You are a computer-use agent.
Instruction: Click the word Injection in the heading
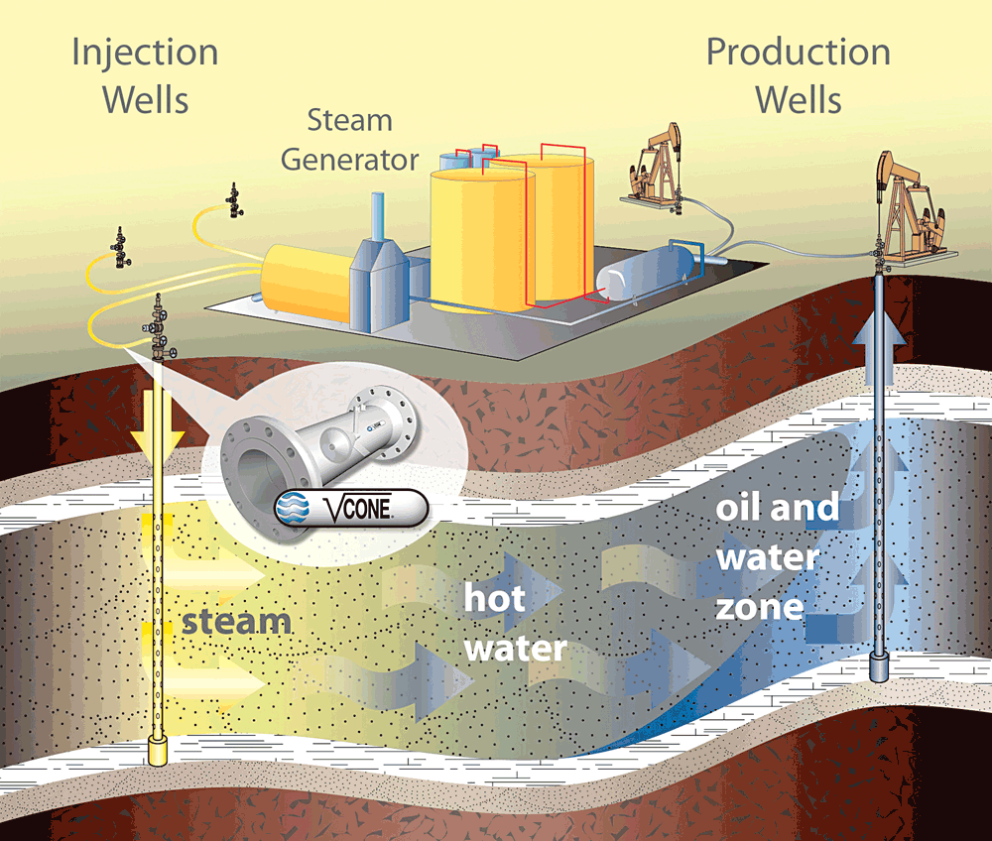click(145, 52)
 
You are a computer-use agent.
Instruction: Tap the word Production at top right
click(798, 52)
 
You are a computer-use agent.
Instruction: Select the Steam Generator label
click(348, 139)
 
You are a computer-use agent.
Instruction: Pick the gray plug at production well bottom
click(880, 666)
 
